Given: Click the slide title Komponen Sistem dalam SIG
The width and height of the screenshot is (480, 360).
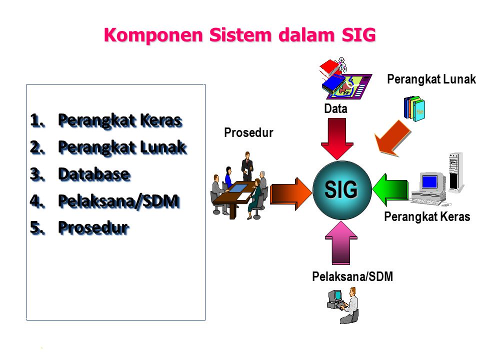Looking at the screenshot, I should point(239,35).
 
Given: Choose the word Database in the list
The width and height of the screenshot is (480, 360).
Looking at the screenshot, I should point(94,174).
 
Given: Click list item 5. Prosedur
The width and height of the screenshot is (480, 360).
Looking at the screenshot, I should point(93,227).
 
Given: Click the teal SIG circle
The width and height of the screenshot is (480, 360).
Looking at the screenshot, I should point(341,190).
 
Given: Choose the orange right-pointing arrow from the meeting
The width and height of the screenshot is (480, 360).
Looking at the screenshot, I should point(290,193).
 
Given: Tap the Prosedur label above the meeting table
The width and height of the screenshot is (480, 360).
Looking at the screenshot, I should point(248,133).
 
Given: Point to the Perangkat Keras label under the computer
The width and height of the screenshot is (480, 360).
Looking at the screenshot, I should point(427,217).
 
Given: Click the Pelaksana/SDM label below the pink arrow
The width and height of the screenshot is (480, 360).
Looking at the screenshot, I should point(352,276).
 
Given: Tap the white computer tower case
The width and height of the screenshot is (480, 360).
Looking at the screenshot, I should point(454,172).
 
